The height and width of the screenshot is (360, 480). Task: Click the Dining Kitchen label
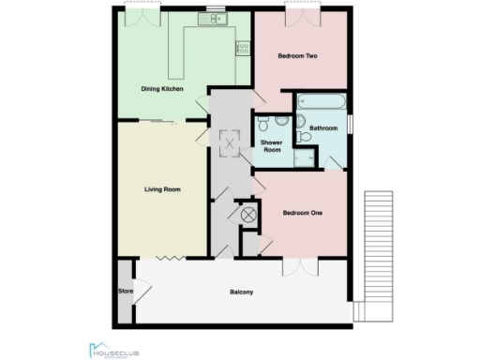click(161, 89)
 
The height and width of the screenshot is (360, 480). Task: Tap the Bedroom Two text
click(298, 56)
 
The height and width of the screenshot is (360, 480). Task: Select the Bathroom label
click(322, 127)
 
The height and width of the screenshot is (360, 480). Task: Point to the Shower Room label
click(272, 146)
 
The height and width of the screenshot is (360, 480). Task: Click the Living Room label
click(162, 189)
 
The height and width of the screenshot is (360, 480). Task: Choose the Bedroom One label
click(303, 213)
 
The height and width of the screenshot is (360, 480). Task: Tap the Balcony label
click(242, 292)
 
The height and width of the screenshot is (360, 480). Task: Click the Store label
click(123, 291)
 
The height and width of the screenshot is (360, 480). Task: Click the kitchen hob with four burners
click(243, 47)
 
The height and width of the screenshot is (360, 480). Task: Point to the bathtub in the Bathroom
click(323, 102)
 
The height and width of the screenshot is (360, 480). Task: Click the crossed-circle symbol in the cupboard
click(249, 215)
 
